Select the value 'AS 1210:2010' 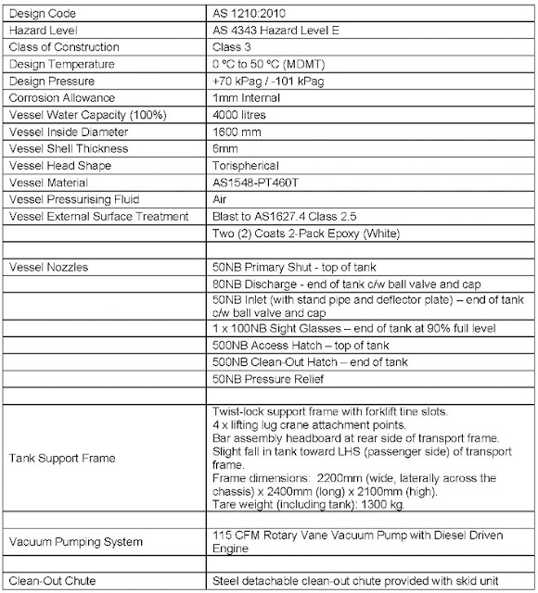click(x=247, y=15)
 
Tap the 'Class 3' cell click(x=233, y=47)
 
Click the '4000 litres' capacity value click(x=238, y=114)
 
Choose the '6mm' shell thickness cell click(x=225, y=147)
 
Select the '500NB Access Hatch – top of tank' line click(x=297, y=344)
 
